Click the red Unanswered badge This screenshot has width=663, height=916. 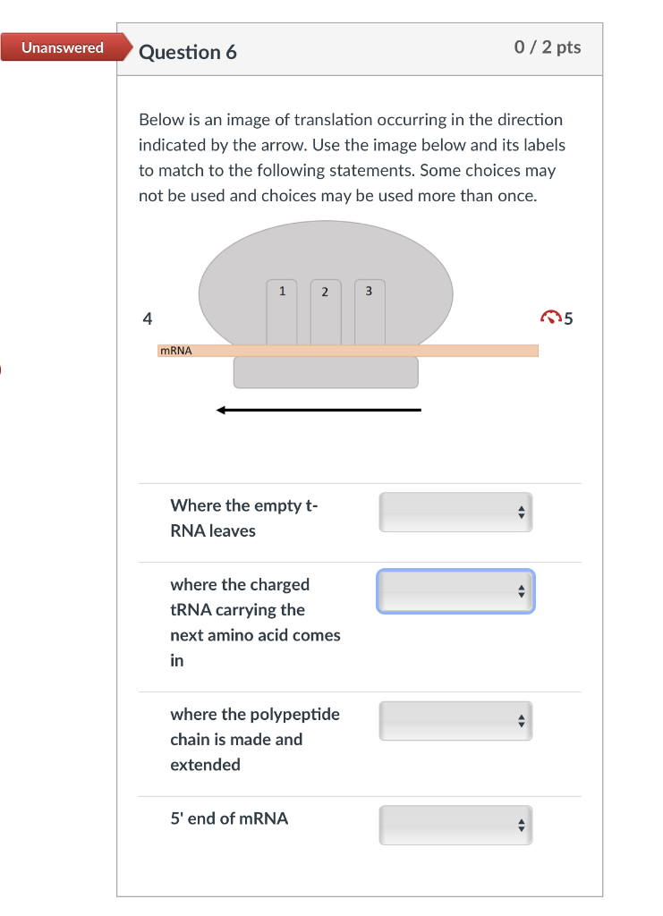click(x=65, y=47)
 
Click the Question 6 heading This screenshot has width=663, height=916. click(x=188, y=52)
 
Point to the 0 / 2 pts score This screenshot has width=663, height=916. click(x=548, y=47)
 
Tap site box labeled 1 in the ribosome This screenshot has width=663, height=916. click(x=282, y=312)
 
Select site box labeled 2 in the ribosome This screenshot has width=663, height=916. click(x=326, y=312)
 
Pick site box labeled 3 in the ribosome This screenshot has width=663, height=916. click(x=370, y=312)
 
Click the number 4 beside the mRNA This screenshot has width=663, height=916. click(x=148, y=318)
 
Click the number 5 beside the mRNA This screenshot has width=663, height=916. click(x=568, y=318)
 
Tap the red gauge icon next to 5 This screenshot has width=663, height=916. click(x=551, y=318)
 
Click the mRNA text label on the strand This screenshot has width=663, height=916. click(x=176, y=351)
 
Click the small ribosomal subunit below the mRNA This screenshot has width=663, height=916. click(x=326, y=372)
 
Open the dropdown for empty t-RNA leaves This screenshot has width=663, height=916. click(x=455, y=513)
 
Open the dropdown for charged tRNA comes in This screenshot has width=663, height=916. click(x=455, y=591)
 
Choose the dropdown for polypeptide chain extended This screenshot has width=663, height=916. click(x=455, y=721)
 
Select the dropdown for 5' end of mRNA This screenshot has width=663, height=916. click(x=455, y=826)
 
